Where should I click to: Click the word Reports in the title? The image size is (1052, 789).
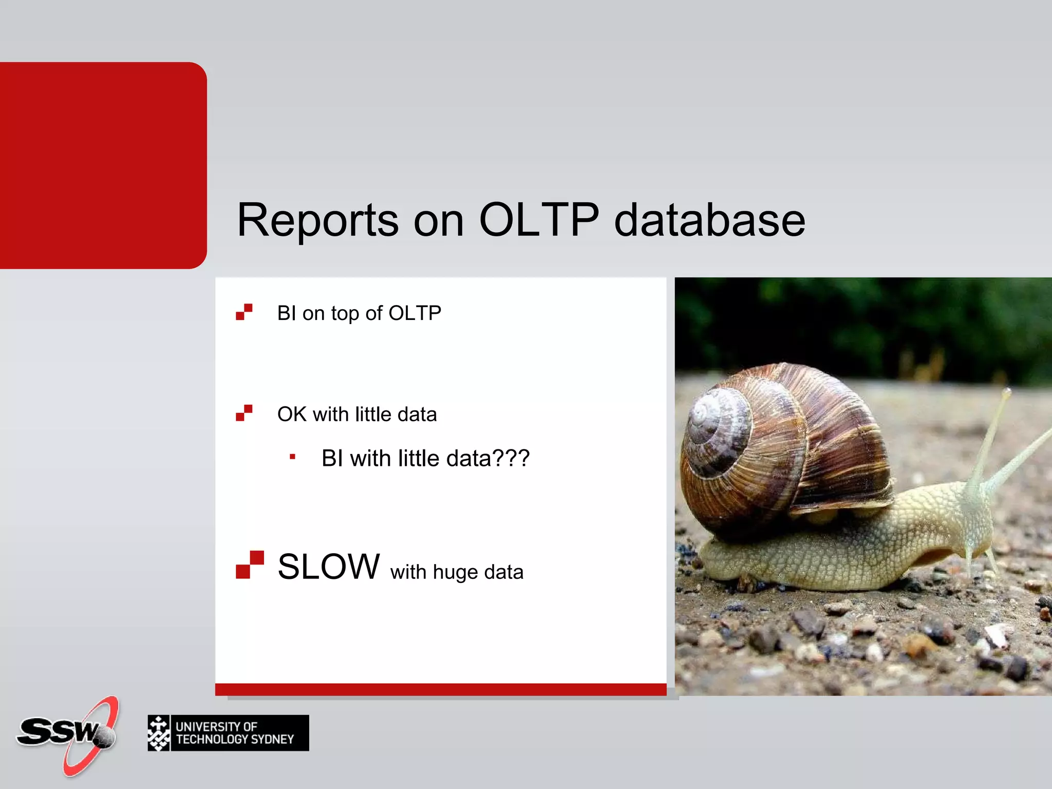click(x=317, y=221)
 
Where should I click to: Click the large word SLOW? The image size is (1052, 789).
click(x=329, y=567)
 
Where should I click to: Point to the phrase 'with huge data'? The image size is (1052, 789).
click(x=457, y=572)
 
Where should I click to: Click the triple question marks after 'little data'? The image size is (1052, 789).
click(x=511, y=458)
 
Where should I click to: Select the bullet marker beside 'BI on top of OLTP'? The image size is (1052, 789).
click(x=244, y=312)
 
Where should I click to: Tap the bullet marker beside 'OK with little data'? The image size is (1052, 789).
click(x=244, y=413)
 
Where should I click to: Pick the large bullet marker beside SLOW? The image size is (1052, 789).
click(x=250, y=565)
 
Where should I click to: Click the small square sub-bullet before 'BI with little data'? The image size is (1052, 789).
click(x=292, y=457)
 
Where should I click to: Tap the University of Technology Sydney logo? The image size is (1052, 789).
click(x=228, y=733)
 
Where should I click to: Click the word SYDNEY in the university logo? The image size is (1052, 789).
click(x=272, y=739)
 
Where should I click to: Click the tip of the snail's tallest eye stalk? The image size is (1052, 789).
click(x=1007, y=392)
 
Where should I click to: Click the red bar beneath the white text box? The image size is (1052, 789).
click(x=441, y=689)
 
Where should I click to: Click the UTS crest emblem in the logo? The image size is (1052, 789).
click(x=159, y=733)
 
